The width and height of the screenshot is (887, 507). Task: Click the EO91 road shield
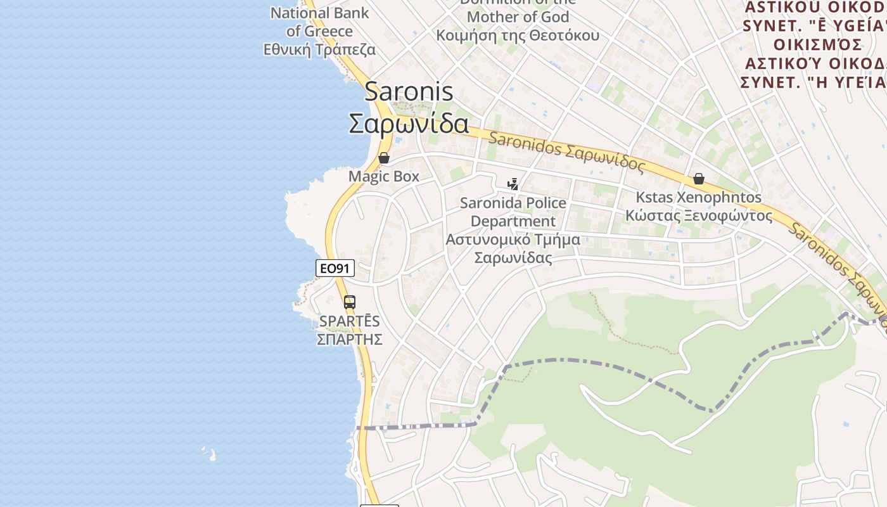[335, 268]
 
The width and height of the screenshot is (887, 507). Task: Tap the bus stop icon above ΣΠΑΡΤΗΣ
[350, 302]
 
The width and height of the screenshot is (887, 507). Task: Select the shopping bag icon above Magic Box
[384, 158]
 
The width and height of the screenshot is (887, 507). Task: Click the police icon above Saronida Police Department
[513, 184]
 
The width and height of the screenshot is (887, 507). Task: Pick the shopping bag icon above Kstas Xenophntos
[699, 179]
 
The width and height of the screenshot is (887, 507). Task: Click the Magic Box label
[384, 176]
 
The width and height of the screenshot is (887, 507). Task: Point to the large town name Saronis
[409, 92]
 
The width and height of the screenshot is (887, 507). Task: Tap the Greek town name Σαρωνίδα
[409, 124]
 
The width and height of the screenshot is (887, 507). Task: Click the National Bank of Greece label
[319, 22]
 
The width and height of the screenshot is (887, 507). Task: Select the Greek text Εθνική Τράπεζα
[319, 49]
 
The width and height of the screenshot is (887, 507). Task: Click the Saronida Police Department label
[513, 212]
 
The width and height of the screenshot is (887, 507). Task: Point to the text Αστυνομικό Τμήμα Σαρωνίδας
[513, 249]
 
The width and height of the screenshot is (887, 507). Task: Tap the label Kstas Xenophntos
[698, 197]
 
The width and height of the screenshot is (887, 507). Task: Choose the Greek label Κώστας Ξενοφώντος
[699, 215]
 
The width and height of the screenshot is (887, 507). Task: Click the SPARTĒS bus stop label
[350, 321]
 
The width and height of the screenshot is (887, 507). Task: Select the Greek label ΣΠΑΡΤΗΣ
[350, 339]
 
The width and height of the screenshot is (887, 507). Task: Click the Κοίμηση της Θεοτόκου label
[518, 35]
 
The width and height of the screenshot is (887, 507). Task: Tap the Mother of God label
[518, 17]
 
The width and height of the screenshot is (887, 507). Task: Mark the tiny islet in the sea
[212, 454]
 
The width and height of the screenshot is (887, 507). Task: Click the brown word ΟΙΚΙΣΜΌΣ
[817, 45]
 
